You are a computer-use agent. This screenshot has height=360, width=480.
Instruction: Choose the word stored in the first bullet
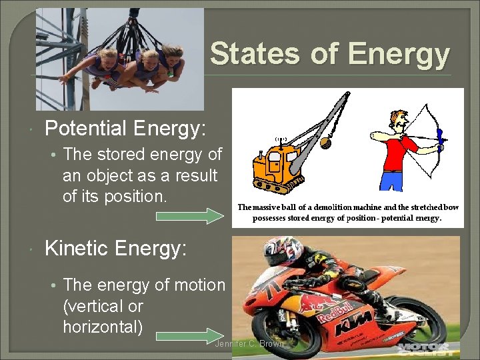click(x=123, y=154)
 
